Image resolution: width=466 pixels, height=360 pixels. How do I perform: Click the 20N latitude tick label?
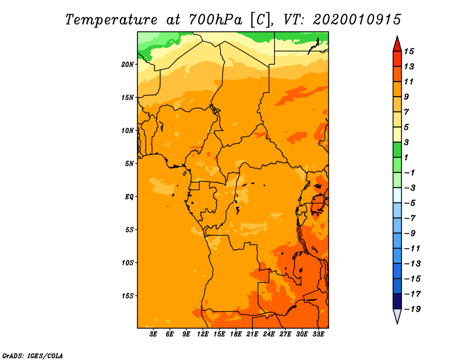128,64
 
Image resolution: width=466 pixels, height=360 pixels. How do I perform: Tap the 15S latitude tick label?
128,295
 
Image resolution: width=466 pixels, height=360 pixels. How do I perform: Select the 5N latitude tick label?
129,164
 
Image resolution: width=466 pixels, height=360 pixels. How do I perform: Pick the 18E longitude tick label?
236,334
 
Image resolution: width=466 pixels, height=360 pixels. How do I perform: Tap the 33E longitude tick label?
319,334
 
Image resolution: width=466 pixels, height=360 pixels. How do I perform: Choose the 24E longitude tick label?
269,334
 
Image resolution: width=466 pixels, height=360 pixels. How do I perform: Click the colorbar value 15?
417,51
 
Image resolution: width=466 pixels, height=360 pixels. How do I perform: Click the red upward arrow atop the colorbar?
397,43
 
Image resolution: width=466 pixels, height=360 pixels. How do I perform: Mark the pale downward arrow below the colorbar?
397,316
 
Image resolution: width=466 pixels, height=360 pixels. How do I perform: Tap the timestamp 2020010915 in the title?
356,19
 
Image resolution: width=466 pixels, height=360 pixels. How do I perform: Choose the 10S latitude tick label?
128,263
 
